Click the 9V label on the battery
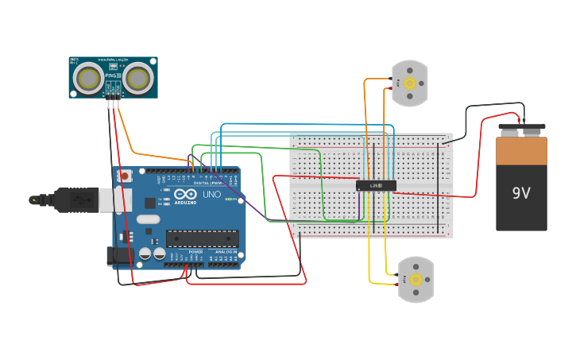(x=520, y=193)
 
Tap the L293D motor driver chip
(x=376, y=186)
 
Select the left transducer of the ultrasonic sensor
(x=87, y=77)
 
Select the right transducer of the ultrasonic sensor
(x=138, y=77)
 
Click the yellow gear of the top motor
(x=410, y=83)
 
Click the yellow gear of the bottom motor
(x=415, y=279)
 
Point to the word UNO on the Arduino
(x=211, y=195)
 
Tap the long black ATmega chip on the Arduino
(x=202, y=238)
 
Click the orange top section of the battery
(x=521, y=150)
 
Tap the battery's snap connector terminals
(x=521, y=126)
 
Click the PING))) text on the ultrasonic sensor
(x=112, y=75)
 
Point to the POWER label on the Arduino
(x=195, y=252)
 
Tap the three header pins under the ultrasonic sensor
(x=113, y=95)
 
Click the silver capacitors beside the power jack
(x=153, y=254)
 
